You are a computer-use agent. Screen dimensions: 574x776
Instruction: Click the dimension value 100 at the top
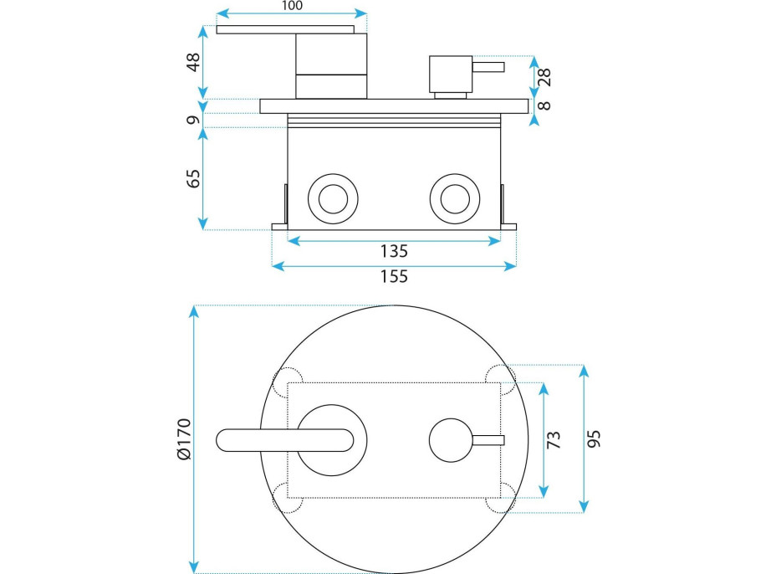292,6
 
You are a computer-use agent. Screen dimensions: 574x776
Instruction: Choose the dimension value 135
393,250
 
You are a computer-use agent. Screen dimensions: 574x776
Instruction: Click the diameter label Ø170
185,438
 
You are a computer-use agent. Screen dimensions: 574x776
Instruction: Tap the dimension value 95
595,438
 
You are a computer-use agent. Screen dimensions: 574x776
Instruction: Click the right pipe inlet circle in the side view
454,199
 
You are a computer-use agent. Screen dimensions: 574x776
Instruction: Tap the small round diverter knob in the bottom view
452,439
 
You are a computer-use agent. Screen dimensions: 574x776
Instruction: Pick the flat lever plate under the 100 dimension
291,30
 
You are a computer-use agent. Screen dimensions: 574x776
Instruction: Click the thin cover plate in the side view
396,106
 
